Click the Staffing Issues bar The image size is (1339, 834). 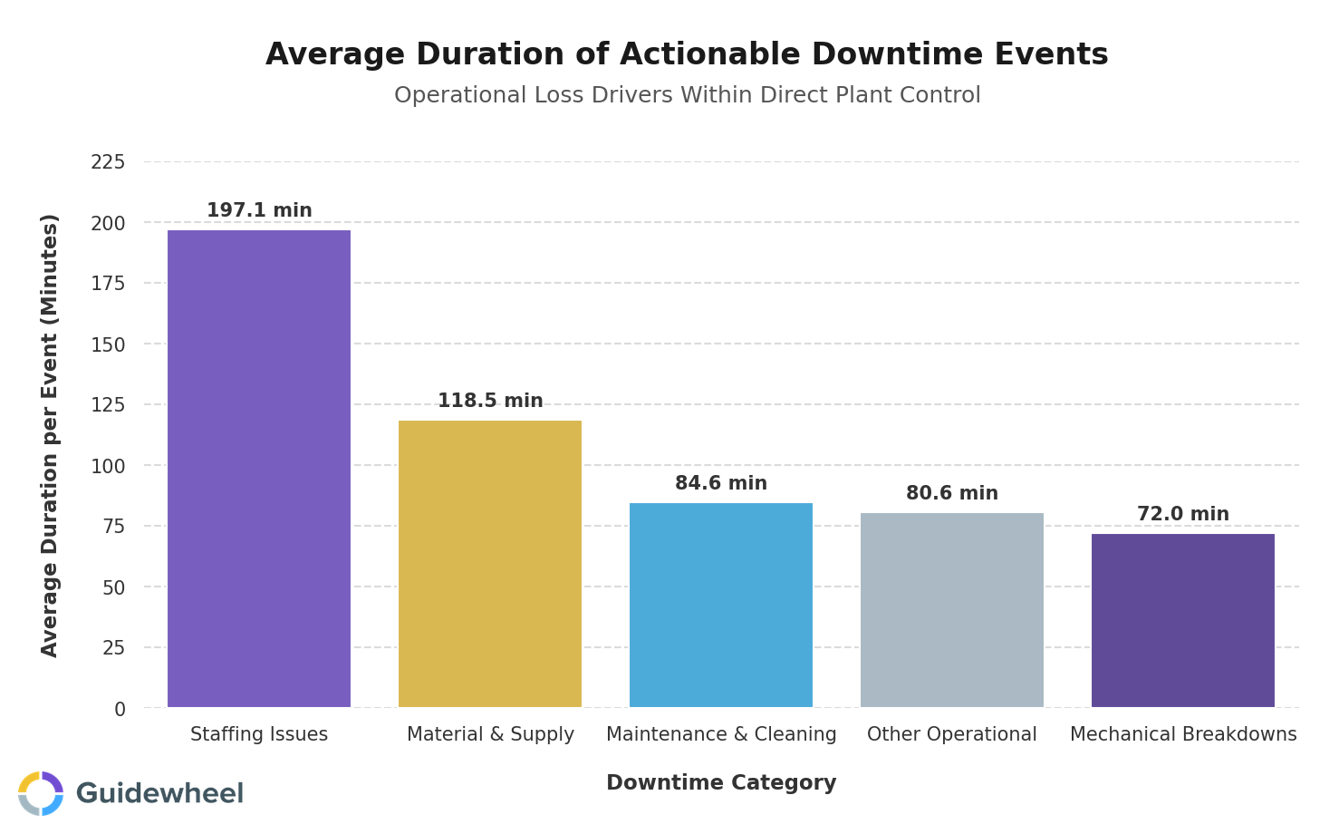[259, 469]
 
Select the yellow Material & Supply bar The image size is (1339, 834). [490, 564]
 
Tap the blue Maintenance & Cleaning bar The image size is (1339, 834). [721, 605]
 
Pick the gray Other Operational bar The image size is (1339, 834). [952, 610]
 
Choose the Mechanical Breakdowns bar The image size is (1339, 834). [1183, 620]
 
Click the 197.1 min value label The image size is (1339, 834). [259, 211]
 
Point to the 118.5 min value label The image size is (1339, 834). [490, 402]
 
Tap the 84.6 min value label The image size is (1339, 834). [721, 484]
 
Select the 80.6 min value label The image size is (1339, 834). [952, 494]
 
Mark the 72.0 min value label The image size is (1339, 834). [1183, 515]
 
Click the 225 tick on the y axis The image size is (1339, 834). [108, 162]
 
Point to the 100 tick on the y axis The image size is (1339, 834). [108, 466]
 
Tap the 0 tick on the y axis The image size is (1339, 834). [120, 709]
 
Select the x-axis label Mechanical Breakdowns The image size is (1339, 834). [1183, 734]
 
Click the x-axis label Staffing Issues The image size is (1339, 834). [259, 734]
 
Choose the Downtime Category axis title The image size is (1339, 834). [721, 783]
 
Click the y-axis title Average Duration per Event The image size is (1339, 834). [50, 435]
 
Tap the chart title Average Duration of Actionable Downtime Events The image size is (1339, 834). [687, 54]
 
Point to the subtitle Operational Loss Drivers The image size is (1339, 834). [687, 95]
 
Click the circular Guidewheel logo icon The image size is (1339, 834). [41, 793]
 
